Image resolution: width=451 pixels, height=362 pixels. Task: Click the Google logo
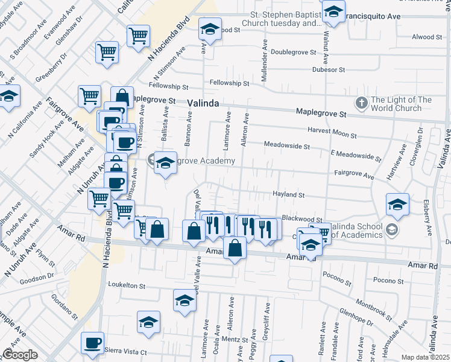click(20, 355)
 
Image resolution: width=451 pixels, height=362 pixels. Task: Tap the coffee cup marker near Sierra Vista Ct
click(93, 343)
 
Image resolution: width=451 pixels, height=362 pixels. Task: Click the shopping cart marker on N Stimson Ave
click(138, 35)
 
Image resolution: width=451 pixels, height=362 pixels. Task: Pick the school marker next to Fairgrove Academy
click(165, 163)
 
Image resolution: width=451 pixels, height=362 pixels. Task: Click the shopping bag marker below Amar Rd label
click(235, 247)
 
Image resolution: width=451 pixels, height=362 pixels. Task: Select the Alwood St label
click(423, 37)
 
